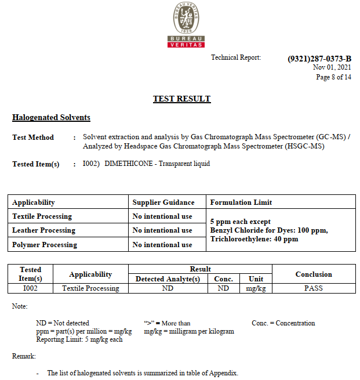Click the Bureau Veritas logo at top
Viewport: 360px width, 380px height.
186,25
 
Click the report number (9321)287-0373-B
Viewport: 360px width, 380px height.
319,59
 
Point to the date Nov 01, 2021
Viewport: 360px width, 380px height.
332,67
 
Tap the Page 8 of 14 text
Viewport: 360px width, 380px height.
333,77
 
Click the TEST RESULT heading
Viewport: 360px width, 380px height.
181,99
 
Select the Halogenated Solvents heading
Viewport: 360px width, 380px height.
51,117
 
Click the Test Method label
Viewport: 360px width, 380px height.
33,137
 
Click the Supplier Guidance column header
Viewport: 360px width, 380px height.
163,202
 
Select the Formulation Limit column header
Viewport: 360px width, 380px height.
241,202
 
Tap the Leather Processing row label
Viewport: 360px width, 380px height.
43,230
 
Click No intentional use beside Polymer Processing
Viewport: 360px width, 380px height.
162,245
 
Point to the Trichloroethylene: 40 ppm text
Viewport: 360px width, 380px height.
254,239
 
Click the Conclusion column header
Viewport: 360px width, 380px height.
314,274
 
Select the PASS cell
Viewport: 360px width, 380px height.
314,288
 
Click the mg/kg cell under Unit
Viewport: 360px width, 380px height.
256,288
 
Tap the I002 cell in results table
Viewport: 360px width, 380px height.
30,288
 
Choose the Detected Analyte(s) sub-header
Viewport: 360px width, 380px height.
168,279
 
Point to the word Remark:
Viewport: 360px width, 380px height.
24,356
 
